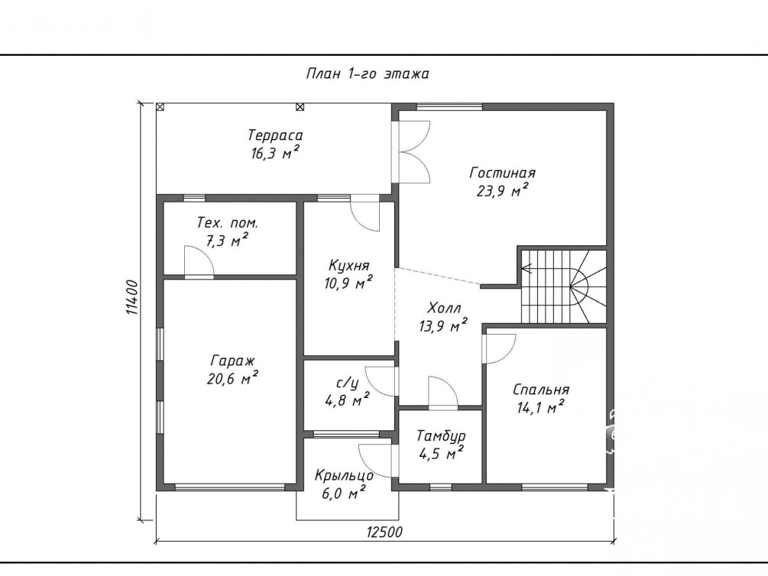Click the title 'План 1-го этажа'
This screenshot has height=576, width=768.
pyautogui.click(x=368, y=74)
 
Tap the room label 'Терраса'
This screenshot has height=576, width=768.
pyautogui.click(x=275, y=134)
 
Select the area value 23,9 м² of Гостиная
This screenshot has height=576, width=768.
pyautogui.click(x=503, y=190)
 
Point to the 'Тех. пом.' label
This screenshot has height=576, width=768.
pyautogui.click(x=227, y=223)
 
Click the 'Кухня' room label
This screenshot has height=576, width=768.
pyautogui.click(x=348, y=266)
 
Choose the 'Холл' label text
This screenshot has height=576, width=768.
pyautogui.click(x=444, y=308)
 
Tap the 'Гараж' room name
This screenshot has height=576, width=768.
pyautogui.click(x=232, y=361)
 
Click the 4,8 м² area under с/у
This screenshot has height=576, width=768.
pyautogui.click(x=347, y=400)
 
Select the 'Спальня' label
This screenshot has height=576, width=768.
pyautogui.click(x=541, y=390)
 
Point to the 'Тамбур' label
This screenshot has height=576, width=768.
pyautogui.click(x=441, y=436)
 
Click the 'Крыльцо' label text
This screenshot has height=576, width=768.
pyautogui.click(x=344, y=476)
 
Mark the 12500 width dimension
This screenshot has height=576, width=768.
pyautogui.click(x=384, y=532)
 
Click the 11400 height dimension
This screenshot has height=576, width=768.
pyautogui.click(x=132, y=297)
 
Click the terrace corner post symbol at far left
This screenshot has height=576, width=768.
pyautogui.click(x=160, y=106)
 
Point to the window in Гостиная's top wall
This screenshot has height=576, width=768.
pyautogui.click(x=449, y=106)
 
